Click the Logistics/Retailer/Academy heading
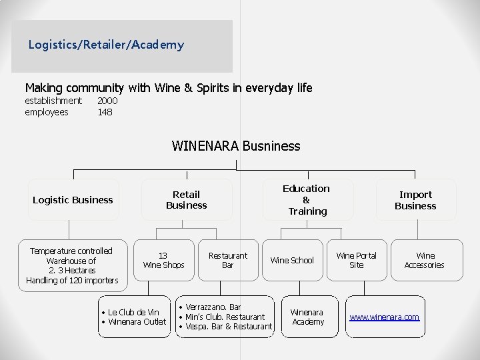(x=106, y=45)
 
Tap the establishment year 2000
(x=107, y=101)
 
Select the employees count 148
(x=105, y=112)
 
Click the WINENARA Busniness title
(x=236, y=146)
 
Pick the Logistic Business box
(x=73, y=199)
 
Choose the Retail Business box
(x=187, y=199)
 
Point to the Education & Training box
(x=308, y=199)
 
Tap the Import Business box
(x=416, y=199)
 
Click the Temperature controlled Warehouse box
(x=73, y=265)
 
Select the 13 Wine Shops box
(x=164, y=260)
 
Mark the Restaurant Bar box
(x=228, y=260)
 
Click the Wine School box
(x=293, y=260)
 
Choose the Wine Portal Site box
(x=357, y=260)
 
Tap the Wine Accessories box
(x=427, y=260)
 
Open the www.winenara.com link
(x=385, y=317)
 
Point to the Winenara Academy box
(x=310, y=317)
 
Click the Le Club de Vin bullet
(x=131, y=312)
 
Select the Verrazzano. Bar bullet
(x=210, y=307)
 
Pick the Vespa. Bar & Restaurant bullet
(x=225, y=327)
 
